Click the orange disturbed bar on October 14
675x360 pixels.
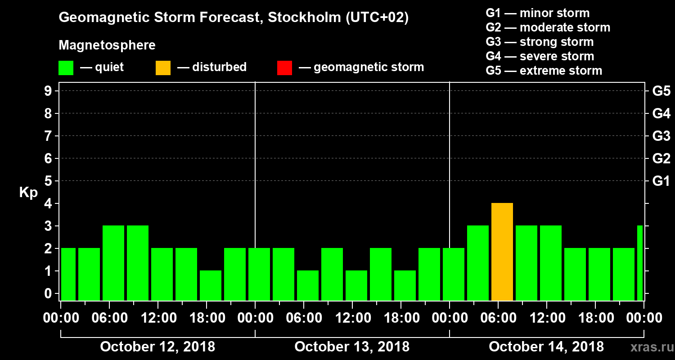coord(502,252)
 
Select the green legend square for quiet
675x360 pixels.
coord(66,68)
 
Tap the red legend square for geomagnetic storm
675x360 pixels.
coord(284,68)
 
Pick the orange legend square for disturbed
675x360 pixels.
coord(163,68)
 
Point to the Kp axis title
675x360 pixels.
coord(28,193)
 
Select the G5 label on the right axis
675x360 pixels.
coord(661,91)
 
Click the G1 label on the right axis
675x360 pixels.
coord(661,181)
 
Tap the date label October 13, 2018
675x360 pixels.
coord(352,347)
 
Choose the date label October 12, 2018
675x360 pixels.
coord(157,347)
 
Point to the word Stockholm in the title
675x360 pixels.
coord(304,18)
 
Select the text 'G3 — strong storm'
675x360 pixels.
coord(540,42)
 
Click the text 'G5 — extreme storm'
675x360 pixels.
coord(544,71)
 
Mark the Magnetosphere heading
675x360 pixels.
coord(107,45)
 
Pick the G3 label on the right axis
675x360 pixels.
coord(661,136)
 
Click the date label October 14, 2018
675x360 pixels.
coord(546,347)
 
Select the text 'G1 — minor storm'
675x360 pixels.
coord(538,13)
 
